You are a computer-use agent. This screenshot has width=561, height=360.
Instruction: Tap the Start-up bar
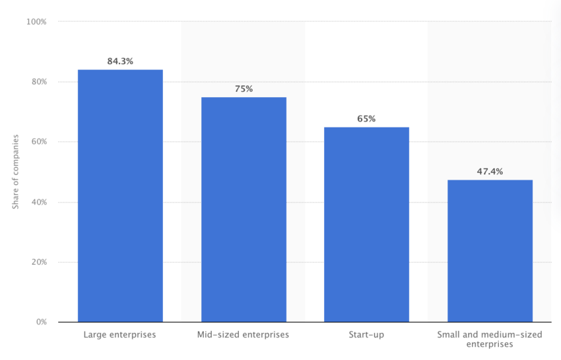point(366,225)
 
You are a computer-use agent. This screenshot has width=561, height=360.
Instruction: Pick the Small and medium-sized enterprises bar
point(490,251)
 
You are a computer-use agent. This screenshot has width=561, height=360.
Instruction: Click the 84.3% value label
point(120,61)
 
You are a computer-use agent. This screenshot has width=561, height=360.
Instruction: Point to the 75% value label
point(244,89)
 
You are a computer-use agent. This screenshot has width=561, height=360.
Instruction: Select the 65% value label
point(366,119)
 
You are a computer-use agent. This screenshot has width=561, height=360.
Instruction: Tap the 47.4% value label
point(490,172)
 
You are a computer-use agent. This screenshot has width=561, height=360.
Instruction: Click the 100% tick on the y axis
point(36,22)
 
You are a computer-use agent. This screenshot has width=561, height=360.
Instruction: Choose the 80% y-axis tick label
point(38,82)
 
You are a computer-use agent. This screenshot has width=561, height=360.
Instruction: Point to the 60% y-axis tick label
point(38,142)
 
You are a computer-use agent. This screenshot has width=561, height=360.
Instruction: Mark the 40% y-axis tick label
point(38,202)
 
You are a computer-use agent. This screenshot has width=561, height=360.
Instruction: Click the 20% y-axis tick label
point(38,262)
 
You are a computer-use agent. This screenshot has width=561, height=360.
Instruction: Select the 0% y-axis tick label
point(40,322)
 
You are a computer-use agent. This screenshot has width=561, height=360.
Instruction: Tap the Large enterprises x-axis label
point(119,335)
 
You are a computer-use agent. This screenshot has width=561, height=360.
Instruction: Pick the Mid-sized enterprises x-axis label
point(243,335)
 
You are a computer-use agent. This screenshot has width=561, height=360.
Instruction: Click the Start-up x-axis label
point(366,335)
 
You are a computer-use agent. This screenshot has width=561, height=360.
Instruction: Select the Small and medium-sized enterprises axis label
point(490,340)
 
